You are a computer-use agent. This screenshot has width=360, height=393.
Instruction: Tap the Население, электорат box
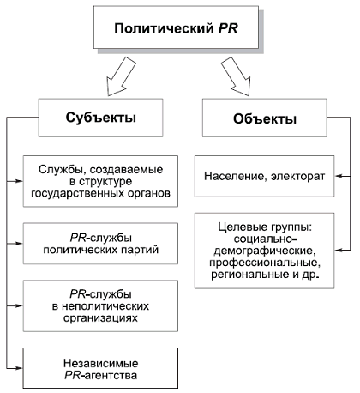click(264, 176)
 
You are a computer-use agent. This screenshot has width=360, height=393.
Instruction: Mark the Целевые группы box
click(264, 249)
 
